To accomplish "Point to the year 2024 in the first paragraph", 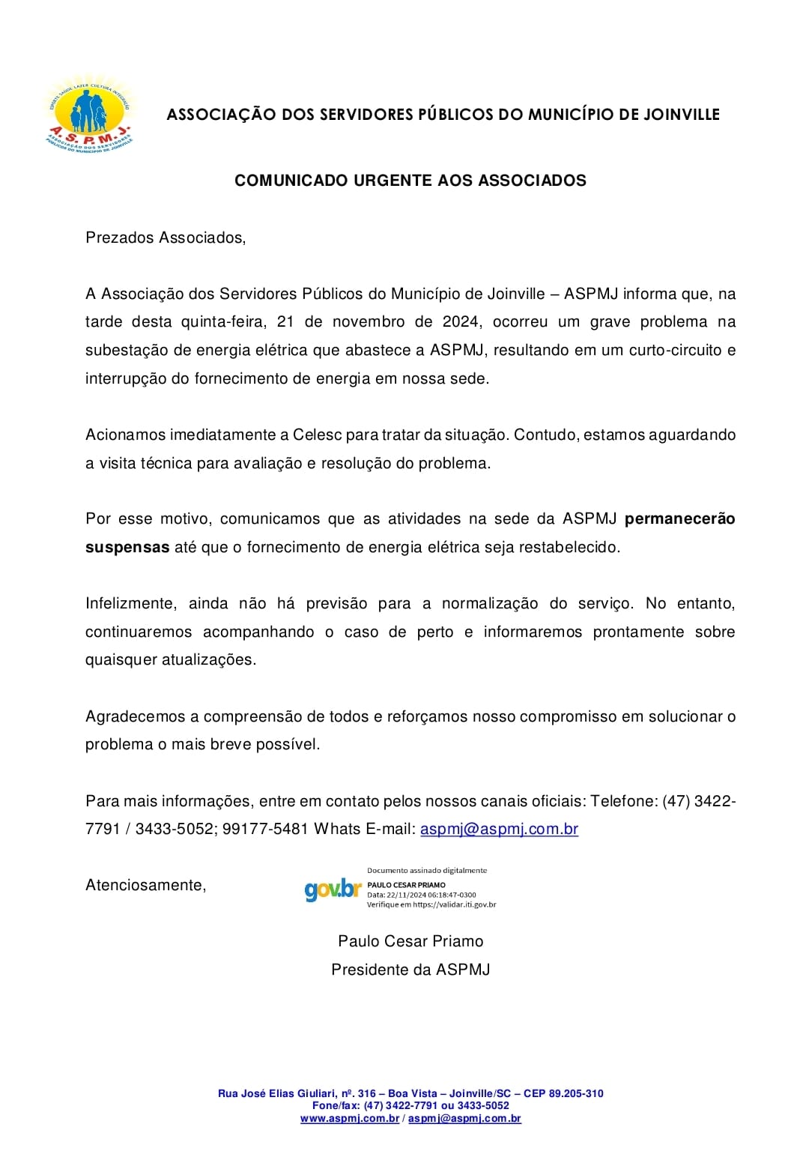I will click(x=461, y=321).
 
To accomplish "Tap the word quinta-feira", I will click(x=223, y=321).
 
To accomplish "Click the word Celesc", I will click(x=317, y=435).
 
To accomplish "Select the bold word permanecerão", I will click(x=679, y=519).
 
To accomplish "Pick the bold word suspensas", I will click(x=127, y=547).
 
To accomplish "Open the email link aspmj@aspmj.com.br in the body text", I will click(x=499, y=829).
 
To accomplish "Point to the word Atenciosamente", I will click(x=145, y=885).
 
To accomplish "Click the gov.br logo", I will click(x=333, y=889).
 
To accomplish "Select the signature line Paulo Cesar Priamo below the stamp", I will click(x=410, y=941).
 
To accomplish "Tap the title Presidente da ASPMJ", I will click(x=410, y=970).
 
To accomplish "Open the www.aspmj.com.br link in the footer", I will click(x=350, y=1118).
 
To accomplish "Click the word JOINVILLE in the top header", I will click(x=681, y=115).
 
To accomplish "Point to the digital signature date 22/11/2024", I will click(x=406, y=895).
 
